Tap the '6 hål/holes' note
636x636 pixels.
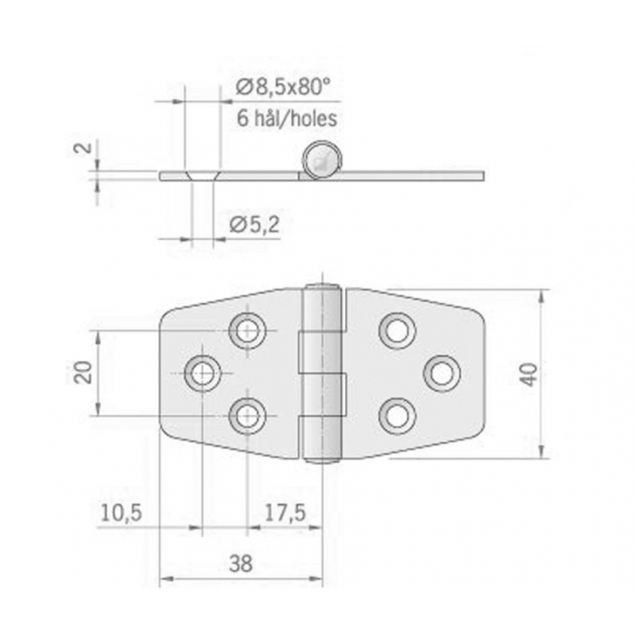(x=287, y=119)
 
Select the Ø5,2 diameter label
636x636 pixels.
(x=254, y=226)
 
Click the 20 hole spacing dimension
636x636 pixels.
(x=83, y=372)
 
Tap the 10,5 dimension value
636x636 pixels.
(x=120, y=514)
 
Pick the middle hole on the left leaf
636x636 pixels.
(x=203, y=373)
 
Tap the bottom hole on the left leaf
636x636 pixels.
(x=248, y=415)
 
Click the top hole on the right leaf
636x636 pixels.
(x=397, y=330)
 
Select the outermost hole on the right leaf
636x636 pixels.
(x=442, y=373)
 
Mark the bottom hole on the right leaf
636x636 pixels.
(x=397, y=416)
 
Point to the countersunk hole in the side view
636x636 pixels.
(x=201, y=174)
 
